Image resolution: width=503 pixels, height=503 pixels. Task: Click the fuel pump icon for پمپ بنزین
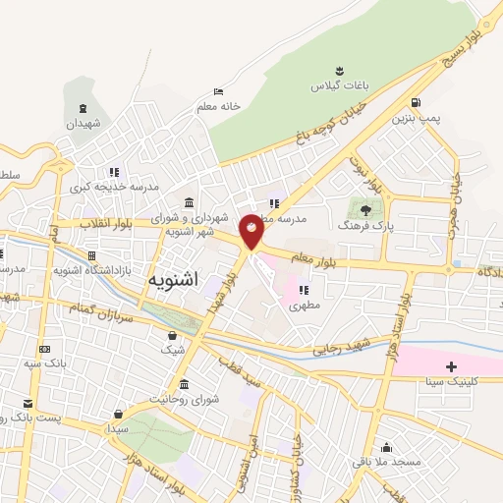[418, 102]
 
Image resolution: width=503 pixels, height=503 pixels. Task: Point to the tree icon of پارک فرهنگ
[366, 209]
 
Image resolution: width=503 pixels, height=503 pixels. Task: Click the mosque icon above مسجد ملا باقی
[388, 446]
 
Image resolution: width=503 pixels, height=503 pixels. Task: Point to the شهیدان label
[84, 124]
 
